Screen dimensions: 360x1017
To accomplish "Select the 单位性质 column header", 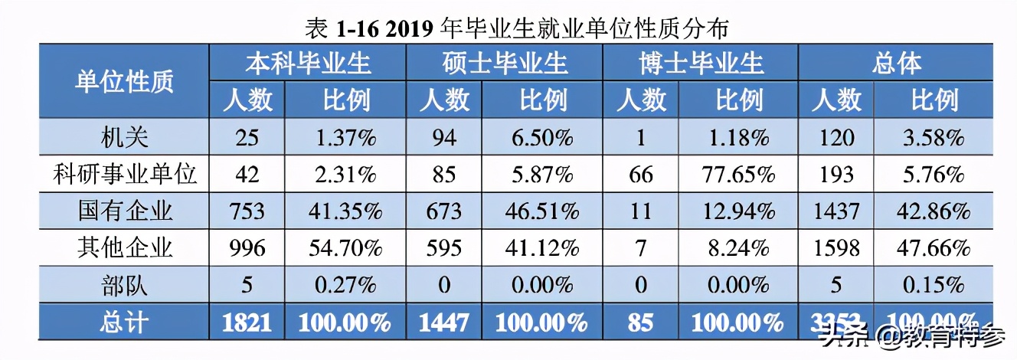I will click(124, 81).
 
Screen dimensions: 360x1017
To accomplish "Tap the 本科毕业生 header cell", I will click(308, 62).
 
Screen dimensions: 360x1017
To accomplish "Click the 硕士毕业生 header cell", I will click(505, 62).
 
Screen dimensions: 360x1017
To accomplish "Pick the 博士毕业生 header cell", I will click(701, 62).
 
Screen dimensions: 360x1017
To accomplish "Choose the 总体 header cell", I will click(896, 62).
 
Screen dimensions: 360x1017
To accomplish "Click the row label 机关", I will click(124, 138).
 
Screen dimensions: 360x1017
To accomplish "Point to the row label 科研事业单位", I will click(124, 175).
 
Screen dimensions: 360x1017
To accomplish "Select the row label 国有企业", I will click(124, 211).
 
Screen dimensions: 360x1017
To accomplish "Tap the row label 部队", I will click(124, 285).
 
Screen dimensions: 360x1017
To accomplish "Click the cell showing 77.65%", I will click(738, 175).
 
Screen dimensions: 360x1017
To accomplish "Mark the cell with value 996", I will click(247, 248).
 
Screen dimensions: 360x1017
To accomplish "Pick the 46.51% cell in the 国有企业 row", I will click(542, 211).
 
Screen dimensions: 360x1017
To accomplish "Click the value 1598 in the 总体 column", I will click(836, 248).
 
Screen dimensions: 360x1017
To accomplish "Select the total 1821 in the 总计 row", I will click(247, 322).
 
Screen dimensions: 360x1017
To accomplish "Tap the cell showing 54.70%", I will click(345, 248).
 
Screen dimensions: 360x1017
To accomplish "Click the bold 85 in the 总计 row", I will click(640, 322).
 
